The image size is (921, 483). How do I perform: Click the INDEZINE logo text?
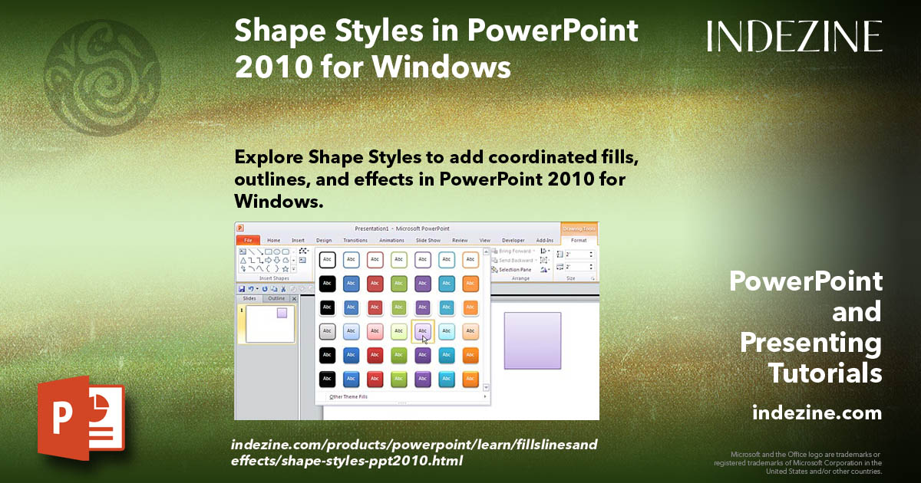point(794,36)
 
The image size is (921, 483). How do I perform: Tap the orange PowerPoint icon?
point(81,418)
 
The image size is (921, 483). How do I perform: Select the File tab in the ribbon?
point(248,240)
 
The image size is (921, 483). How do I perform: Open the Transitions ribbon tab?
point(355,240)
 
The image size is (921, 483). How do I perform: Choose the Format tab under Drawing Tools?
point(579,240)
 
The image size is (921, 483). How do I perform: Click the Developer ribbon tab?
point(513,240)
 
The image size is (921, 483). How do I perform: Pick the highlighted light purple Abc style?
point(422,331)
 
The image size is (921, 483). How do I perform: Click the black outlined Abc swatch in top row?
point(327,260)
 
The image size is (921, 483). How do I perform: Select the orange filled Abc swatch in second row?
point(470,284)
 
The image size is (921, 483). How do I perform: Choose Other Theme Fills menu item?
point(349,397)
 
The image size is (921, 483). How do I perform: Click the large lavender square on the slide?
point(533,340)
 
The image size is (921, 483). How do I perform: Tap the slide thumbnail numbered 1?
point(269,324)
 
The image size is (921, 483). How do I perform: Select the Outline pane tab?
point(276,298)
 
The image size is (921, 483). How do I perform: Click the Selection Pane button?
point(514,270)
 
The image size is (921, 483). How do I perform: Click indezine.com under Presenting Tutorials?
point(817,413)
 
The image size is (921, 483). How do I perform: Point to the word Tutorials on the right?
point(825,373)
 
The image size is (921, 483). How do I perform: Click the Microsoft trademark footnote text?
point(798,462)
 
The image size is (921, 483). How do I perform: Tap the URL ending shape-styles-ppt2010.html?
point(346,461)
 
